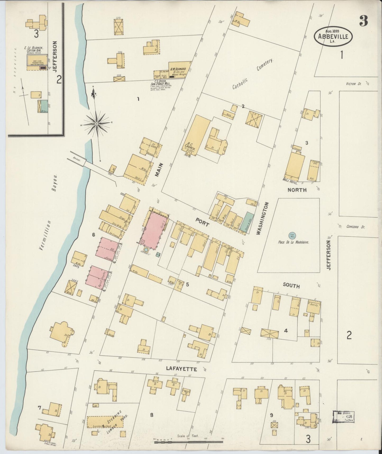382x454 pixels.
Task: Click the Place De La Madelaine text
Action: click(x=293, y=242)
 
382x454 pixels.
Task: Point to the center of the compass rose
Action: click(x=97, y=124)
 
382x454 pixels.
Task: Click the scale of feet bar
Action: click(x=188, y=442)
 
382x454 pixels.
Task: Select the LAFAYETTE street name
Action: click(x=181, y=369)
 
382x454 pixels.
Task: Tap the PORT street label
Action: click(x=202, y=222)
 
